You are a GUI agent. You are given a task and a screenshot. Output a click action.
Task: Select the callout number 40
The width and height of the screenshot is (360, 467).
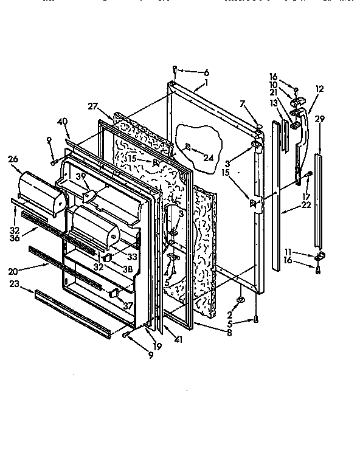click(x=62, y=120)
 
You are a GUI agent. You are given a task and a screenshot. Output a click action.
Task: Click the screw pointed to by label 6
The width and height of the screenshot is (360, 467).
click(x=175, y=68)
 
